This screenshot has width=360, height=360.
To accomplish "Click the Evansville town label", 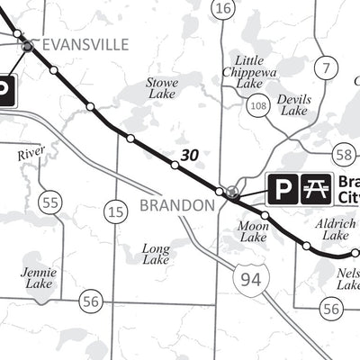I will coord(85,44).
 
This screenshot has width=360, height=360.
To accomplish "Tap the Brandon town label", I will coord(176,205).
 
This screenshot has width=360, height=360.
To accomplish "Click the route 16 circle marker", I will coord(223,8).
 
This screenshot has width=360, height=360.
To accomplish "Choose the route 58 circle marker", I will coord(343,154).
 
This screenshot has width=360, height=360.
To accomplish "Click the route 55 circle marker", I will coord(50,202).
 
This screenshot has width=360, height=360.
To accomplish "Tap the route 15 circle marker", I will coord(115,212).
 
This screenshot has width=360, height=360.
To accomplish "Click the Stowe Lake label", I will coord(162,88).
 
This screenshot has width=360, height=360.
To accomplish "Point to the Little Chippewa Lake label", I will coord(243,69).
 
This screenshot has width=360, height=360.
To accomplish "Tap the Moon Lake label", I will coord(254,231).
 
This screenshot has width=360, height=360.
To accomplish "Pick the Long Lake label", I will coord(156,254).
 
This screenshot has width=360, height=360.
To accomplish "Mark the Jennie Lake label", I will coord(40,277).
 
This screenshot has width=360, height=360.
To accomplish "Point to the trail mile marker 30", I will coord(189,156).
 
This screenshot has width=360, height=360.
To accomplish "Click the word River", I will coord(31,155).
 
